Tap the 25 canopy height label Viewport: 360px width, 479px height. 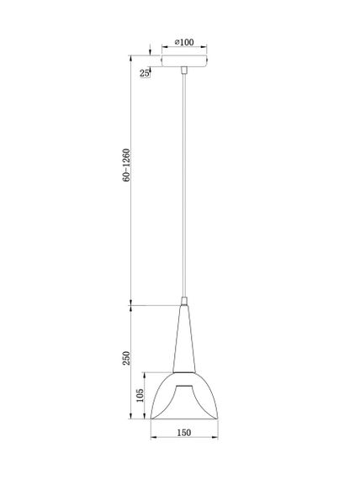[x=144, y=74]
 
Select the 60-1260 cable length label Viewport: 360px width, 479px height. [x=126, y=167]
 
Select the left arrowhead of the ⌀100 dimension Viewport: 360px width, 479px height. [x=162, y=49]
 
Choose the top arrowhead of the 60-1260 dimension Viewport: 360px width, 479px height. [x=131, y=57]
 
